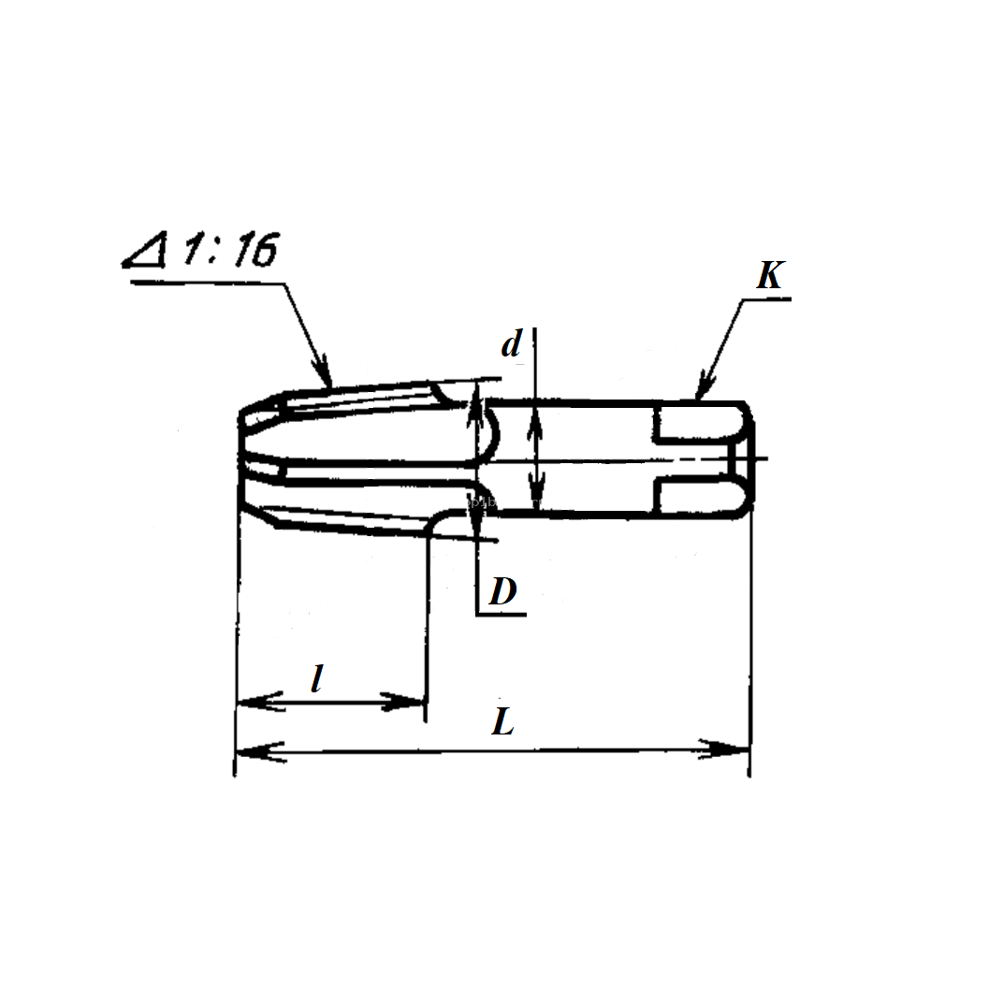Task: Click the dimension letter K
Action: coord(771,275)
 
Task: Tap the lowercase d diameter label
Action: coord(511,343)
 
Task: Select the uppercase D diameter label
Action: coord(502,591)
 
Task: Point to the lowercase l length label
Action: coord(317,678)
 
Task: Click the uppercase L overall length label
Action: coord(502,721)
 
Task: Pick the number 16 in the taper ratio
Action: coord(255,249)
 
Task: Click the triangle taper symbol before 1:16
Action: coord(145,250)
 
